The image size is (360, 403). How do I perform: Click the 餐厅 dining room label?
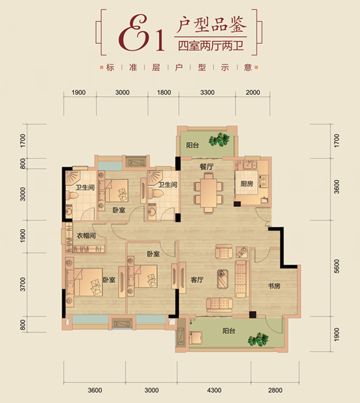click(x=206, y=167)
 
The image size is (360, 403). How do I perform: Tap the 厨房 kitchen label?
click(x=247, y=184)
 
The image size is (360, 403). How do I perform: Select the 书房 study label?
click(x=274, y=286)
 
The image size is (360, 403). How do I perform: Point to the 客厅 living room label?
click(x=197, y=279)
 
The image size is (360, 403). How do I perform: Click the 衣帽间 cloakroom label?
click(x=86, y=236)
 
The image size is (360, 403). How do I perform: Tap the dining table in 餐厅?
click(x=209, y=193)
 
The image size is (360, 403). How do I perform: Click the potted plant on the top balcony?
click(x=219, y=139)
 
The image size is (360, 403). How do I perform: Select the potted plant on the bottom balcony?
click(x=258, y=340)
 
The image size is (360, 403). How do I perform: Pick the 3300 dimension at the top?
click(x=207, y=92)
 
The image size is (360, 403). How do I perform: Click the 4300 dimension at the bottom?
click(x=214, y=391)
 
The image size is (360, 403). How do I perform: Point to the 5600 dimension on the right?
click(x=336, y=266)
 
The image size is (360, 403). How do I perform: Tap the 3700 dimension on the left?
click(x=23, y=284)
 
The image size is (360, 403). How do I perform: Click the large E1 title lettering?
click(x=141, y=33)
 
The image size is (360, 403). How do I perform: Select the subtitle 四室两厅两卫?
click(x=211, y=46)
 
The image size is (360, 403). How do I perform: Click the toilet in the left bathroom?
click(x=72, y=196)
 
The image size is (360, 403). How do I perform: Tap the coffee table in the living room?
click(x=223, y=279)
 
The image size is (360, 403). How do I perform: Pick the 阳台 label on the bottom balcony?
click(x=229, y=331)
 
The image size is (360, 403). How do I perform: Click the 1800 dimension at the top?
click(x=164, y=92)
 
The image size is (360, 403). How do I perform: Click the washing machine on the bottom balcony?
click(x=196, y=337)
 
